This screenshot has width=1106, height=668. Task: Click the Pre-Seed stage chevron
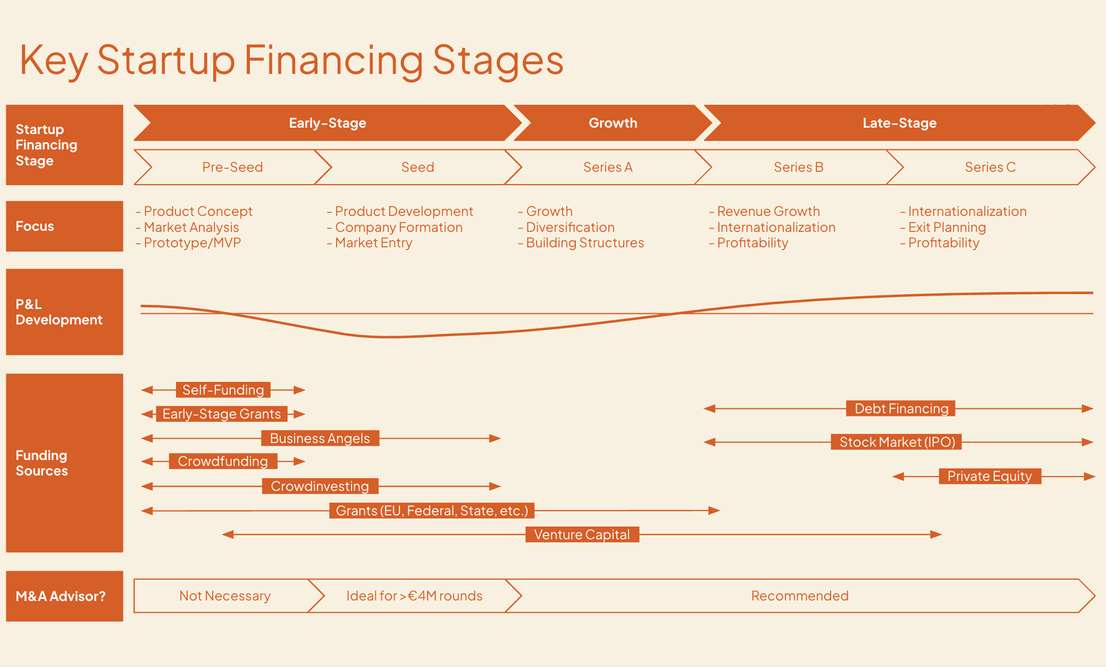(232, 167)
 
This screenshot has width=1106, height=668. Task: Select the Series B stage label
(798, 167)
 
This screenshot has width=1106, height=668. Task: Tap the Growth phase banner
(613, 123)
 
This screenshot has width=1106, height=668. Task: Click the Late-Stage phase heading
(899, 123)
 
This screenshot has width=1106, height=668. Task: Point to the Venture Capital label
(582, 535)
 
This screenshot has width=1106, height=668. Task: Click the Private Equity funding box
(990, 476)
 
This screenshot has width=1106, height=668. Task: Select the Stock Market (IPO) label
(897, 442)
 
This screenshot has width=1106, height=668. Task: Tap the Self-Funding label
(223, 390)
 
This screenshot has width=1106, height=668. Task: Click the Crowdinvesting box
(320, 486)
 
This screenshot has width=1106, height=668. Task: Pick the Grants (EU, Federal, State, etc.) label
(432, 511)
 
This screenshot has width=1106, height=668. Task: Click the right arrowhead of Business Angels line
(495, 438)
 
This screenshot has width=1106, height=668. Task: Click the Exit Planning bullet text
(946, 227)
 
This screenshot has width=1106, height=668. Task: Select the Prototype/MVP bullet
(192, 243)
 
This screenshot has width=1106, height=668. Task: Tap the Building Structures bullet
(584, 243)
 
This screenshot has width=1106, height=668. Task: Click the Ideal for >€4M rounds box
(414, 596)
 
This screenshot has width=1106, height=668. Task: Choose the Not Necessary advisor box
(224, 596)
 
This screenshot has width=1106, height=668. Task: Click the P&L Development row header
(64, 312)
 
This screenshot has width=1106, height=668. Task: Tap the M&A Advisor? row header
(64, 596)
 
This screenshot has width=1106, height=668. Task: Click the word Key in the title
(53, 60)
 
